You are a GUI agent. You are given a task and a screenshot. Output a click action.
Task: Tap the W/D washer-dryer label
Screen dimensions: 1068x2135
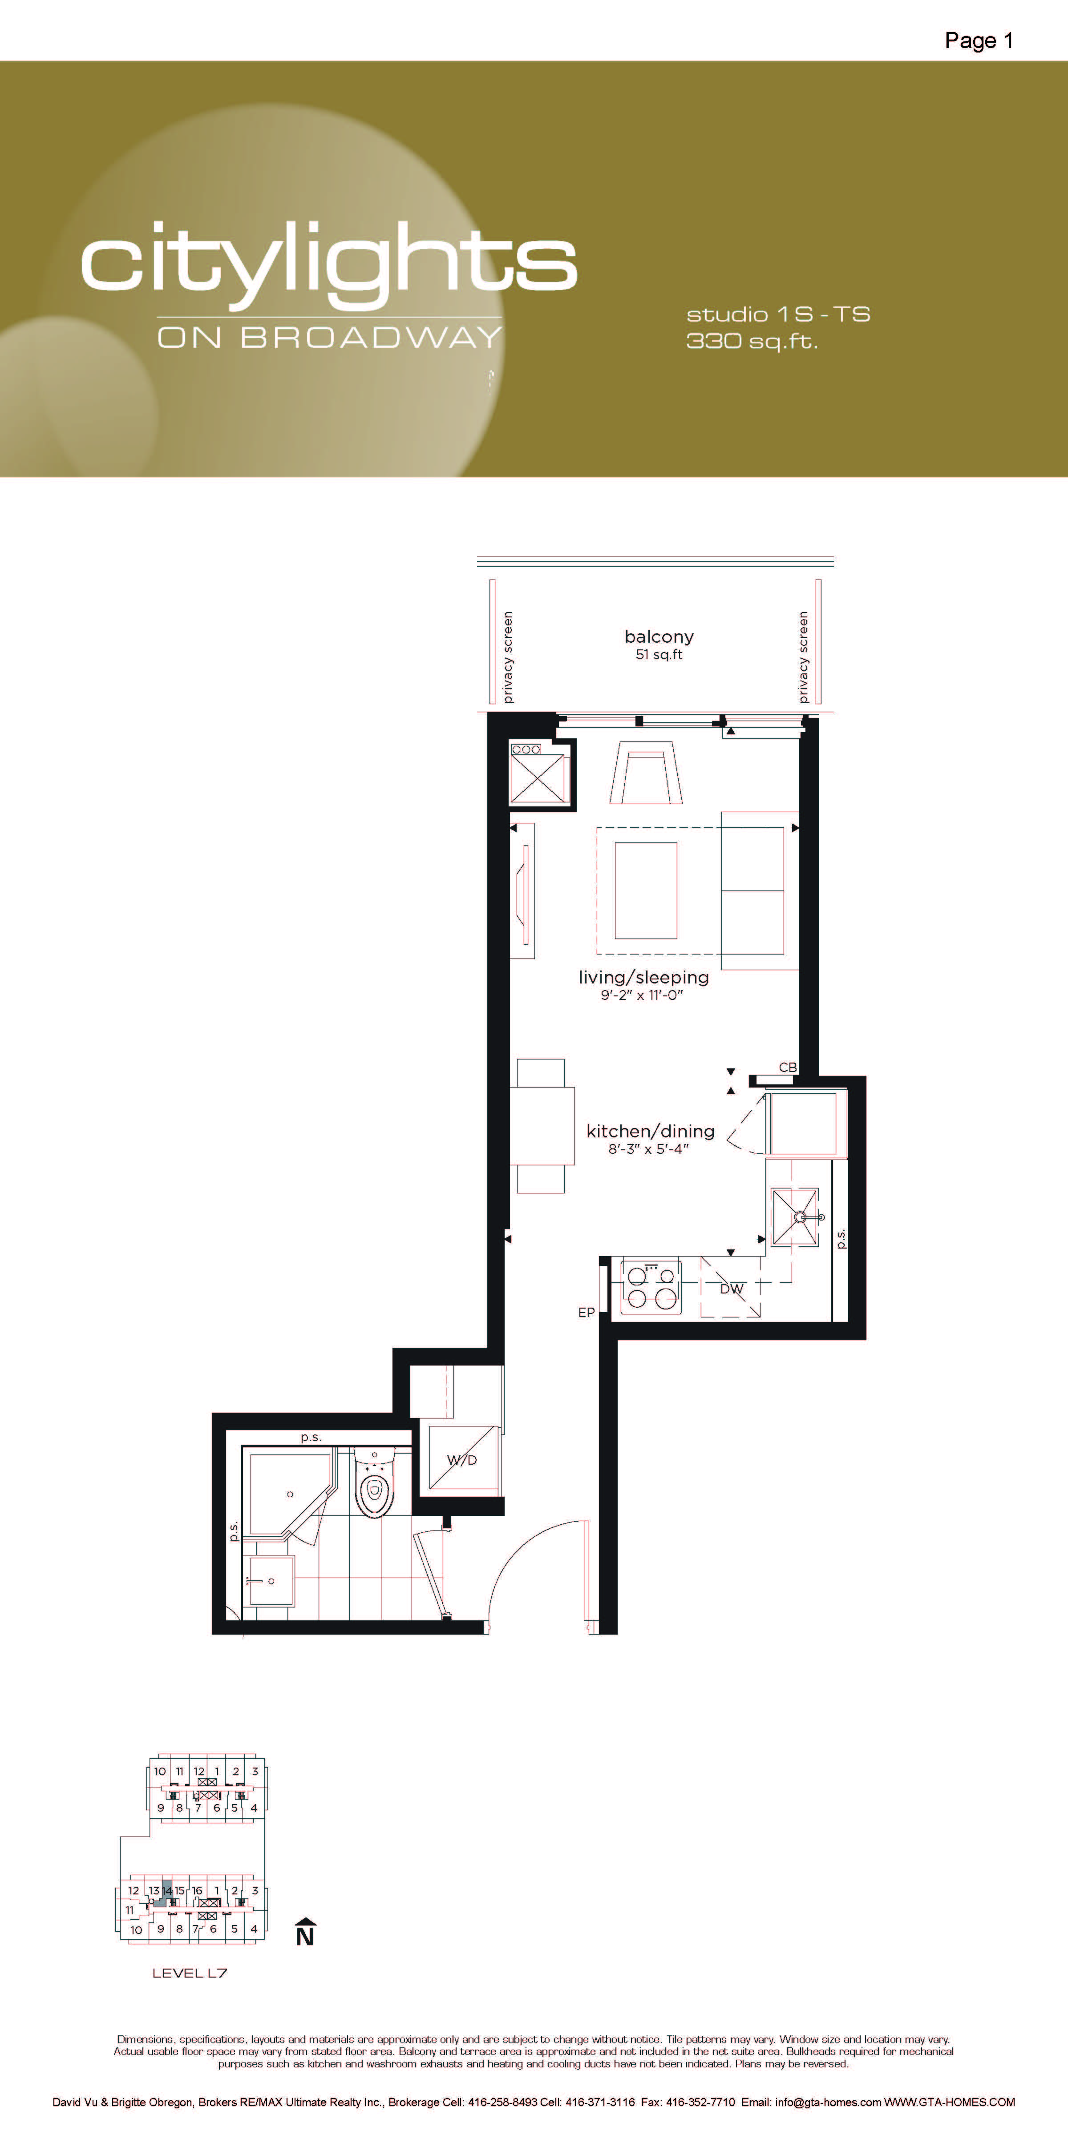[462, 1459]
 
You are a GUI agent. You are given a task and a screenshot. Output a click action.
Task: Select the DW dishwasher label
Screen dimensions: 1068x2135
[731, 1289]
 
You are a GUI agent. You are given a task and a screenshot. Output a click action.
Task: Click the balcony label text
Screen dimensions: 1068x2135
[659, 636]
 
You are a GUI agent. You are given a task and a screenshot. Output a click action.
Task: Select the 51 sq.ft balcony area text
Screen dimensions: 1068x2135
[659, 655]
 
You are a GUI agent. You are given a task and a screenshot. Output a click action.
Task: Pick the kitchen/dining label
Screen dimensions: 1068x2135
[650, 1131]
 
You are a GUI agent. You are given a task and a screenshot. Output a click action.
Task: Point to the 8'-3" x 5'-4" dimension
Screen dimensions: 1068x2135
[648, 1149]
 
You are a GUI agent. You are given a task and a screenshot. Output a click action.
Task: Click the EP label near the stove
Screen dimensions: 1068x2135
[586, 1312]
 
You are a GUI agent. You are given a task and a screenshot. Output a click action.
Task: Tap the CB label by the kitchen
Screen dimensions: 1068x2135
[788, 1067]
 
